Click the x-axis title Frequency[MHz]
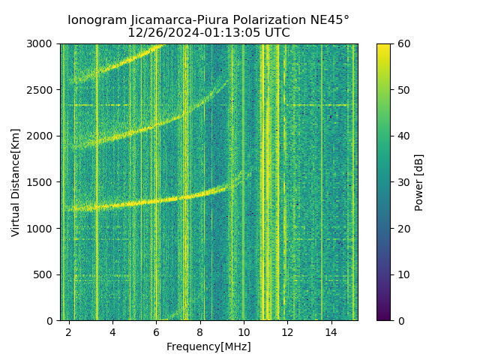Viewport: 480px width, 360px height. point(208,346)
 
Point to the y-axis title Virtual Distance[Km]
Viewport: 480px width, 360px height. point(16,182)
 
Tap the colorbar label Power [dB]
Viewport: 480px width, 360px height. point(419,182)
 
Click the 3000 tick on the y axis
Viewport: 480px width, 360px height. point(43,44)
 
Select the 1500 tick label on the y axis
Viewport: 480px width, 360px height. point(43,182)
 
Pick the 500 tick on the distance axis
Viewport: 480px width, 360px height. point(46,274)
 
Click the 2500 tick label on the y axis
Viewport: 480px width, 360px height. point(43,90)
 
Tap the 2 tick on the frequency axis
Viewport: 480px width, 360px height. point(69,331)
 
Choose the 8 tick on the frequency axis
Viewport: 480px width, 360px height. point(200,331)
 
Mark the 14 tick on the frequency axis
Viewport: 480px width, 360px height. point(331,331)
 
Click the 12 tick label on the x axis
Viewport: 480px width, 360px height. point(287,331)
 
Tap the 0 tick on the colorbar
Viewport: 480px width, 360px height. point(399,320)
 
